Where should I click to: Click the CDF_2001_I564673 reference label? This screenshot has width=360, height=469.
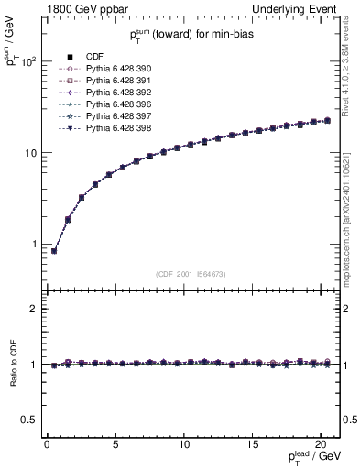(191, 274)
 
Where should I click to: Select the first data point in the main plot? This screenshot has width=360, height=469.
(53, 251)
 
